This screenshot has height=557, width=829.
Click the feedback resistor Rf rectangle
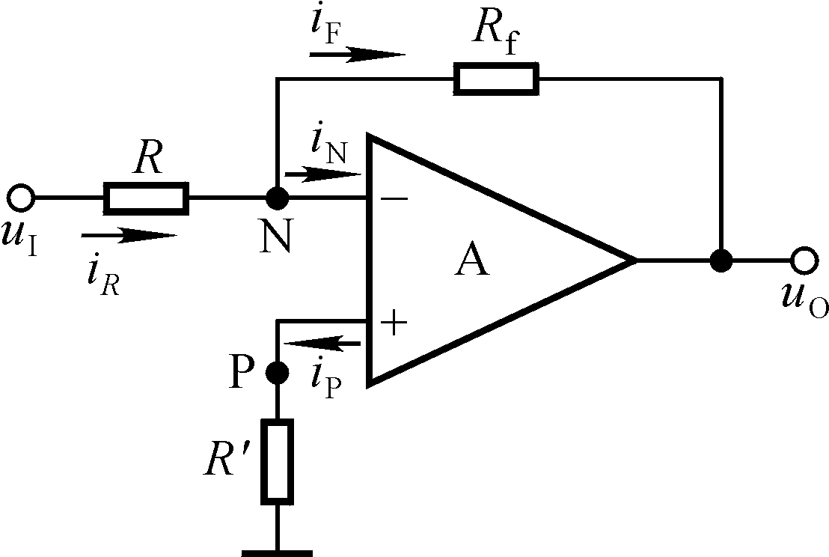496,79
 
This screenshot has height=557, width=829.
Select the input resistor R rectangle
146,198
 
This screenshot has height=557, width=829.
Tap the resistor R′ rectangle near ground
277,460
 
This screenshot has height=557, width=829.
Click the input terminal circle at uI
21,198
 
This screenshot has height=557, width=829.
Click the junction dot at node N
277,198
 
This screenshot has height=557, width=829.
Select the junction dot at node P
277,371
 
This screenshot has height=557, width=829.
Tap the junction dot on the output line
721,261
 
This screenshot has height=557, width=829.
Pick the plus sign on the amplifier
394,323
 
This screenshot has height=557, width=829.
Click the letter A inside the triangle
472,261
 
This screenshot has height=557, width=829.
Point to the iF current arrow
358,54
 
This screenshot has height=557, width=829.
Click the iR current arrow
129,236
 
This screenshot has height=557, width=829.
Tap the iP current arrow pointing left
322,344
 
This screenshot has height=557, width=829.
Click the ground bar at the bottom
277,553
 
